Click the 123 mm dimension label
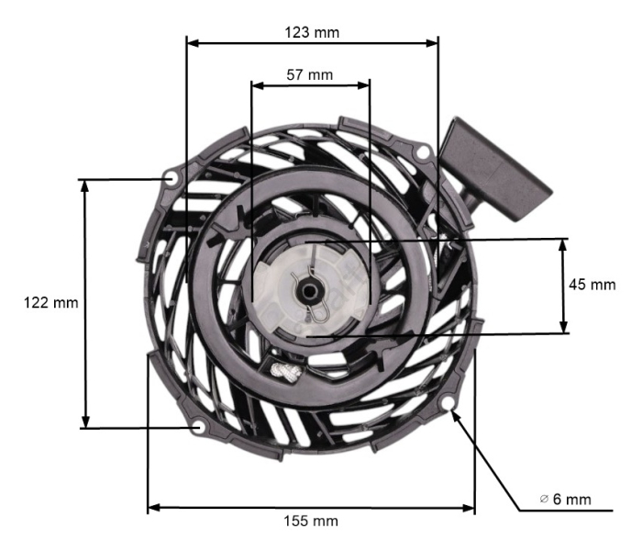click(x=313, y=31)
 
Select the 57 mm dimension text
click(x=310, y=74)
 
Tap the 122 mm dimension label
click(x=50, y=302)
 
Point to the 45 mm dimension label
click(x=592, y=285)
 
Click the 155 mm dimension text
click(x=312, y=521)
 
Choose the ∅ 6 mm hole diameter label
click(x=565, y=499)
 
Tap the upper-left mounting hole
click(x=172, y=177)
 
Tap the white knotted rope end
click(x=283, y=371)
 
